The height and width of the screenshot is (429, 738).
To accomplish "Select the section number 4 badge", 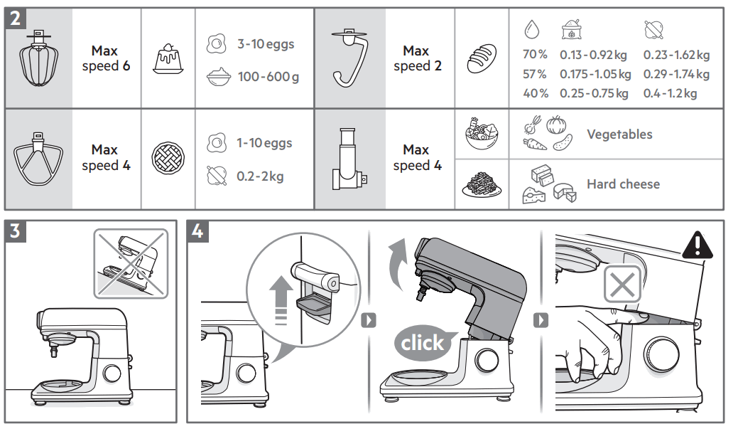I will (x=198, y=231).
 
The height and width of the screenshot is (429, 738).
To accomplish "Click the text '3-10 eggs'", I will (x=265, y=44).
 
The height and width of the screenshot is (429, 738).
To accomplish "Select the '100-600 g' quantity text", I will (x=268, y=77).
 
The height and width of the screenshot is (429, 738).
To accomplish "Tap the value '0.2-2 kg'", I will (x=260, y=175).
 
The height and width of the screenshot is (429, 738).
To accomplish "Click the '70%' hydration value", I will (x=535, y=55).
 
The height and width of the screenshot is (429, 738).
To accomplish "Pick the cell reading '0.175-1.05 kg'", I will (x=595, y=74).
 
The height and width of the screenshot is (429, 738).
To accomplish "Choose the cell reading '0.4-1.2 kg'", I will (x=670, y=93).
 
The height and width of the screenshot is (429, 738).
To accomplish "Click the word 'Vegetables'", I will (x=619, y=134).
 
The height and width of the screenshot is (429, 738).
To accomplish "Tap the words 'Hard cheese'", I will (x=623, y=184).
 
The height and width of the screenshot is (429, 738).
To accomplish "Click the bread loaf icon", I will (x=482, y=58).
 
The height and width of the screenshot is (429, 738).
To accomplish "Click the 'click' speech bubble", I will (x=422, y=343).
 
